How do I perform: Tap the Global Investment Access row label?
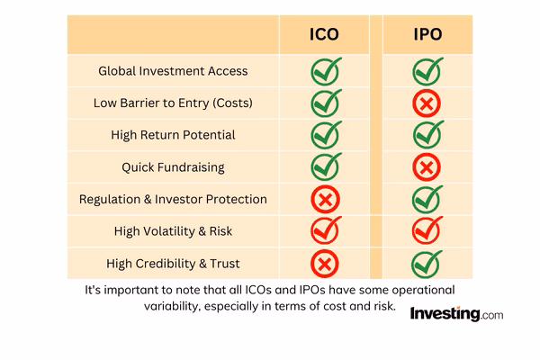click(x=174, y=71)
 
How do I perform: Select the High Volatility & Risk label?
click(x=173, y=230)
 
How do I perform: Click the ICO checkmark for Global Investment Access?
click(x=325, y=71)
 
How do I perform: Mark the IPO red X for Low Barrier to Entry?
click(x=427, y=103)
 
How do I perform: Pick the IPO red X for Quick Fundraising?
click(x=427, y=167)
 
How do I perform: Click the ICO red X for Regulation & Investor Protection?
click(x=324, y=199)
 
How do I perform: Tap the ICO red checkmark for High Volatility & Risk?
click(x=325, y=230)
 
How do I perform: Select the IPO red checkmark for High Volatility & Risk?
click(x=427, y=230)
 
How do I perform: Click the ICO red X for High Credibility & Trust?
click(x=324, y=263)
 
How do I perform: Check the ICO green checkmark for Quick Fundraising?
click(x=325, y=166)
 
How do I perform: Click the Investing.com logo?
click(x=456, y=314)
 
